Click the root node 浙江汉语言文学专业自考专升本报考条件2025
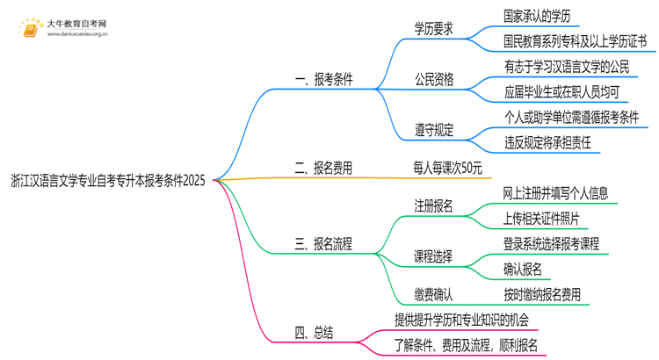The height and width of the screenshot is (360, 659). pyautogui.click(x=107, y=182)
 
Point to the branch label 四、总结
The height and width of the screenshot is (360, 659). pyautogui.click(x=314, y=332)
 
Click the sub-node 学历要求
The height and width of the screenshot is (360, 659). pyautogui.click(x=434, y=29)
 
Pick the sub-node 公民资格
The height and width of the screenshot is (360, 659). pyautogui.click(x=434, y=79)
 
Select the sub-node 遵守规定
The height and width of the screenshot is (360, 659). pyautogui.click(x=434, y=130)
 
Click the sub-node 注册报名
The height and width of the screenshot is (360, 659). pyautogui.click(x=434, y=206)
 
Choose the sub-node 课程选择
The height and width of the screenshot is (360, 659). pyautogui.click(x=434, y=256)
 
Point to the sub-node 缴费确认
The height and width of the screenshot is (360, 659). pyautogui.click(x=434, y=295)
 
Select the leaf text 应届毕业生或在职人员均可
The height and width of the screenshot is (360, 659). pyautogui.click(x=561, y=91)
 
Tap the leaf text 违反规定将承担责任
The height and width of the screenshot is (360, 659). pyautogui.click(x=547, y=141)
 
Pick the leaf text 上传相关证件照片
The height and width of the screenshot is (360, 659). pyautogui.click(x=541, y=218)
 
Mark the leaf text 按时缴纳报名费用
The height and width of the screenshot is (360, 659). pyautogui.click(x=541, y=295)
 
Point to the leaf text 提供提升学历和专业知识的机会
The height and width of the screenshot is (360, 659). pyautogui.click(x=471, y=319)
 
